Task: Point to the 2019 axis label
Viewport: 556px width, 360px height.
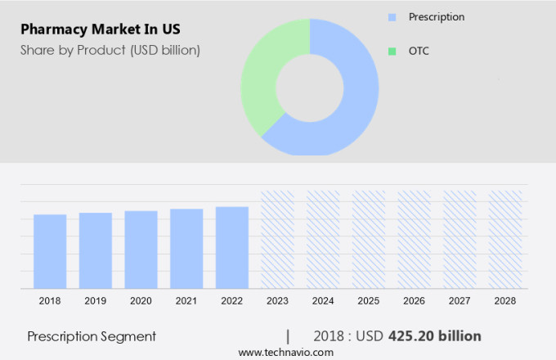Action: (x=96, y=301)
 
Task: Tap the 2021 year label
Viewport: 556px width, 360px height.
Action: (x=186, y=301)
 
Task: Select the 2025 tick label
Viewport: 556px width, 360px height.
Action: (x=368, y=301)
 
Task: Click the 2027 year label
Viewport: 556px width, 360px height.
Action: (x=459, y=301)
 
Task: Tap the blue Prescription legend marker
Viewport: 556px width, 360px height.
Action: (x=392, y=17)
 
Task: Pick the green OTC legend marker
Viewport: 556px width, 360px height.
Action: (x=392, y=52)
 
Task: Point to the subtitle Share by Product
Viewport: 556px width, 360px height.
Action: (x=110, y=50)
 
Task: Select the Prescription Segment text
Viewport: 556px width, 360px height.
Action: (x=92, y=336)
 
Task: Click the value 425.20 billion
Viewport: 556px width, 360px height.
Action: (x=434, y=336)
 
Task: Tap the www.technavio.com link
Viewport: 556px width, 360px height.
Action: (x=286, y=352)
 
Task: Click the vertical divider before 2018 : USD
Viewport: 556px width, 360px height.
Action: (x=288, y=336)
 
